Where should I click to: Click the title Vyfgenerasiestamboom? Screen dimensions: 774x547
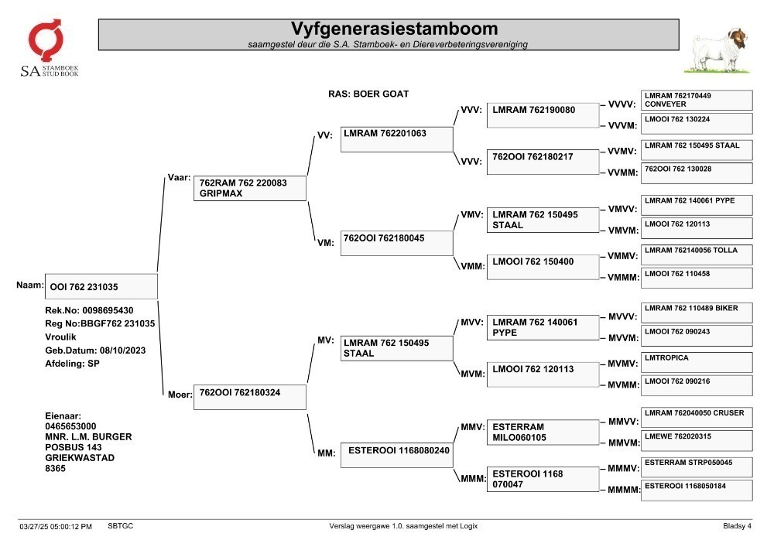pyautogui.click(x=394, y=28)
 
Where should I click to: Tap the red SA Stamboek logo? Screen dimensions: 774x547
pyautogui.click(x=46, y=40)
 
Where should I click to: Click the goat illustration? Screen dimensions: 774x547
pyautogui.click(x=719, y=51)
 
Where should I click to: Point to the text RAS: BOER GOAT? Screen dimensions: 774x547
pyautogui.click(x=368, y=94)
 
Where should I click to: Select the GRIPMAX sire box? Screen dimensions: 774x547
pyautogui.click(x=250, y=188)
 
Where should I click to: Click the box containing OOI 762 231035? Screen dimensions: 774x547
pyautogui.click(x=101, y=286)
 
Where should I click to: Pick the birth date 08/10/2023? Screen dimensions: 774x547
pyautogui.click(x=123, y=350)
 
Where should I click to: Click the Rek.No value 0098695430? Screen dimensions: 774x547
pyautogui.click(x=108, y=310)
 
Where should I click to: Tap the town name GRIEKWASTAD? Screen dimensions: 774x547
pyautogui.click(x=80, y=458)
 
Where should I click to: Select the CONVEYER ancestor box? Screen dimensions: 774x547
pyautogui.click(x=697, y=100)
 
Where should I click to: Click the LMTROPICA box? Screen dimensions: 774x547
pyautogui.click(x=697, y=362)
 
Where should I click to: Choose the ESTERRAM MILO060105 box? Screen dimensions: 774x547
pyautogui.click(x=543, y=432)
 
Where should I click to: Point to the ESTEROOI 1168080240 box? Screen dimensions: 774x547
pyautogui.click(x=397, y=455)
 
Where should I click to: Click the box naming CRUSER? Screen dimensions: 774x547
pyautogui.click(x=697, y=417)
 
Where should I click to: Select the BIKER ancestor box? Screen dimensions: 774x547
pyautogui.click(x=697, y=313)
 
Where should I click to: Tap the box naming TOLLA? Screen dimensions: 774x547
pyautogui.click(x=697, y=255)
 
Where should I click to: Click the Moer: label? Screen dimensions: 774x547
pyautogui.click(x=180, y=395)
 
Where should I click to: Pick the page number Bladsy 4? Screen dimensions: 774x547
pyautogui.click(x=737, y=526)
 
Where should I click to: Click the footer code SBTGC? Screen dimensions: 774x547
pyautogui.click(x=121, y=526)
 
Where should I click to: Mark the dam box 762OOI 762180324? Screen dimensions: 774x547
pyautogui.click(x=250, y=397)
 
